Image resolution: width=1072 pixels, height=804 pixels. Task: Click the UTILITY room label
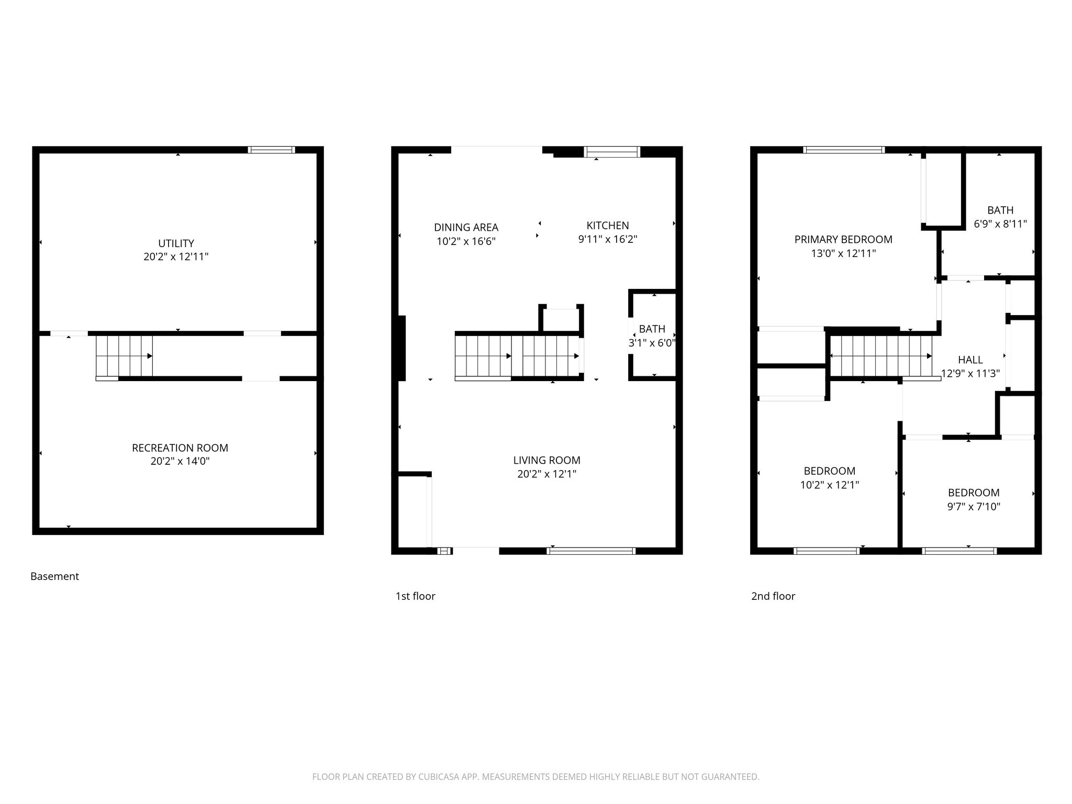(x=176, y=243)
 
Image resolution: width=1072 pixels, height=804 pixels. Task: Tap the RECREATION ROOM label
(x=180, y=448)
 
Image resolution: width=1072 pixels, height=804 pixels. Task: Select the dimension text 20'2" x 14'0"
(x=180, y=461)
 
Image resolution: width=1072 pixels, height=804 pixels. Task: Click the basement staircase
(x=124, y=356)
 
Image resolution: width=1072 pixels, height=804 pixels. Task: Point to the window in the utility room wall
(x=271, y=150)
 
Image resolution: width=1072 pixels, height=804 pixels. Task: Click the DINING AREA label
(x=466, y=228)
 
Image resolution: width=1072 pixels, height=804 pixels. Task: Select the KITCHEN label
(x=608, y=226)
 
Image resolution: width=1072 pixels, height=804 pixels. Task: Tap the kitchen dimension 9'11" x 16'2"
(x=608, y=239)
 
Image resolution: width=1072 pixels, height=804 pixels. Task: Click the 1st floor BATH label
(x=652, y=329)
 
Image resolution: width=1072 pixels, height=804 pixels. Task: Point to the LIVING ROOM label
(x=547, y=461)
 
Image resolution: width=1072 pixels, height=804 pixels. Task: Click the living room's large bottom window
(x=591, y=551)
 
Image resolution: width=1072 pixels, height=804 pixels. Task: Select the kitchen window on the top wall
(x=612, y=152)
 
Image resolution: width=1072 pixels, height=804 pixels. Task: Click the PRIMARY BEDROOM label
(x=843, y=240)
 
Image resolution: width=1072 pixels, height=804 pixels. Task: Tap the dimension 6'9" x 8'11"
(x=1000, y=224)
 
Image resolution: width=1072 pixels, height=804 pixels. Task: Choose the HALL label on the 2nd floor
(x=970, y=360)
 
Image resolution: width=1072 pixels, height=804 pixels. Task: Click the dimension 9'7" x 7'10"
(x=974, y=507)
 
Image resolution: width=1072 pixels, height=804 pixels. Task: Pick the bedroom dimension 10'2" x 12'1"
(x=830, y=485)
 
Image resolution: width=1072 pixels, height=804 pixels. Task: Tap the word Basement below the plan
(x=54, y=576)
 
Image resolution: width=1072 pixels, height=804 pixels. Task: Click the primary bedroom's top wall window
(x=844, y=150)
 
